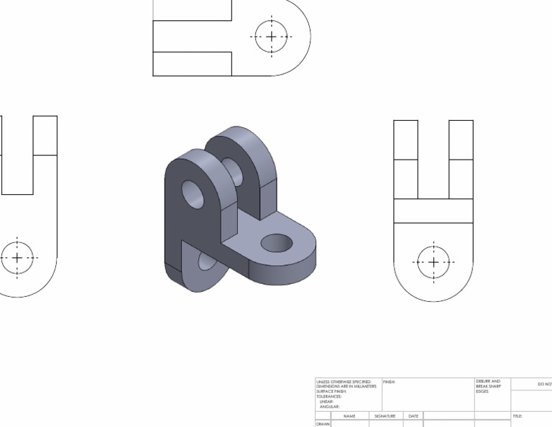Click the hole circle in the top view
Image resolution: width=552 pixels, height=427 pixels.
coord(271,37)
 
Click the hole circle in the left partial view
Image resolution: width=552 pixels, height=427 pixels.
coord(17,257)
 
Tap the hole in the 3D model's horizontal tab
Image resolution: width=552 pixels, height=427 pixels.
coord(277,243)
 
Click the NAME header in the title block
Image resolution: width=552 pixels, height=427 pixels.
coord(349,416)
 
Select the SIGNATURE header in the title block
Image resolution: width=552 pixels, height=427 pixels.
coord(386,416)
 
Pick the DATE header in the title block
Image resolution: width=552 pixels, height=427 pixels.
coord(413,416)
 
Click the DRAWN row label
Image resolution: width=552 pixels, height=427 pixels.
coord(323,424)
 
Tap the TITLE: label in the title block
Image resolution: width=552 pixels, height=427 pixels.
coord(517,416)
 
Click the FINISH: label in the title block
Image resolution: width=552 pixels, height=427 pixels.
coord(389,382)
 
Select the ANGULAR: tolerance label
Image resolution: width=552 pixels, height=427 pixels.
coord(329,407)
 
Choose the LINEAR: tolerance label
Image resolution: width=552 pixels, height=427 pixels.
coord(327,402)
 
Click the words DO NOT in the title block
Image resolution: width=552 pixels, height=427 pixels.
coord(544,385)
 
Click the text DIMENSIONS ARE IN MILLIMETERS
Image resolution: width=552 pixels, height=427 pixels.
coord(346,387)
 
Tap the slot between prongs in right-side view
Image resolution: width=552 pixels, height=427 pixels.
coord(433,159)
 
